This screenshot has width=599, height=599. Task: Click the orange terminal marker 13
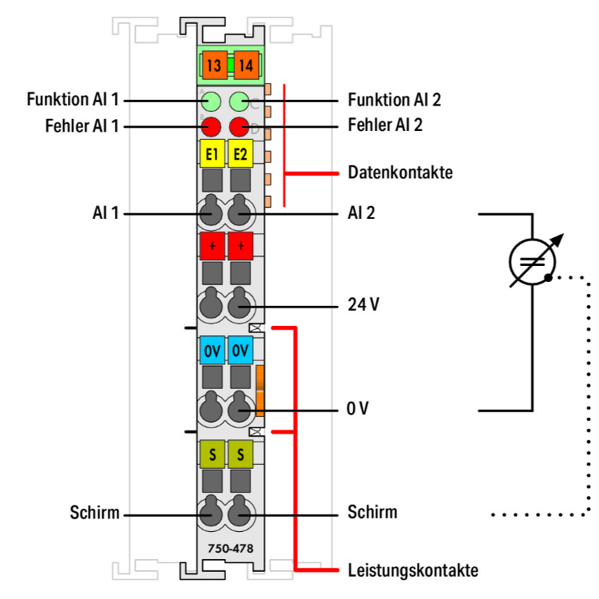tap(214, 65)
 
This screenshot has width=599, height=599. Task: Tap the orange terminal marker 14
tap(244, 65)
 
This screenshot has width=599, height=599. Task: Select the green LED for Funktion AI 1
tap(212, 101)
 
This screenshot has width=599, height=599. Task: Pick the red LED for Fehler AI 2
tap(240, 126)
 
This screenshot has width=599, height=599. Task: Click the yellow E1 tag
tap(212, 153)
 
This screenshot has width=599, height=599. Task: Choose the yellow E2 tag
tap(240, 153)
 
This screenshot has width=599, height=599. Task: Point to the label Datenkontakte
tap(400, 173)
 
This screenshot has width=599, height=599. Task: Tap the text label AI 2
tap(362, 213)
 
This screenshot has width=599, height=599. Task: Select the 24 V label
tap(363, 305)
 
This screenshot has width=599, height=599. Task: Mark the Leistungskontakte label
tap(413, 570)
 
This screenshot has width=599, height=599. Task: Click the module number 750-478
tap(226, 549)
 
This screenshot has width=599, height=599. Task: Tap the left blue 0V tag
tap(212, 350)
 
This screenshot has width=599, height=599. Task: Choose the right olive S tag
tap(240, 454)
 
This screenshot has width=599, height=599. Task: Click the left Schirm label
tap(94, 513)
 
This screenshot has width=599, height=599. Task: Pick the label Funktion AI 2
tap(395, 101)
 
